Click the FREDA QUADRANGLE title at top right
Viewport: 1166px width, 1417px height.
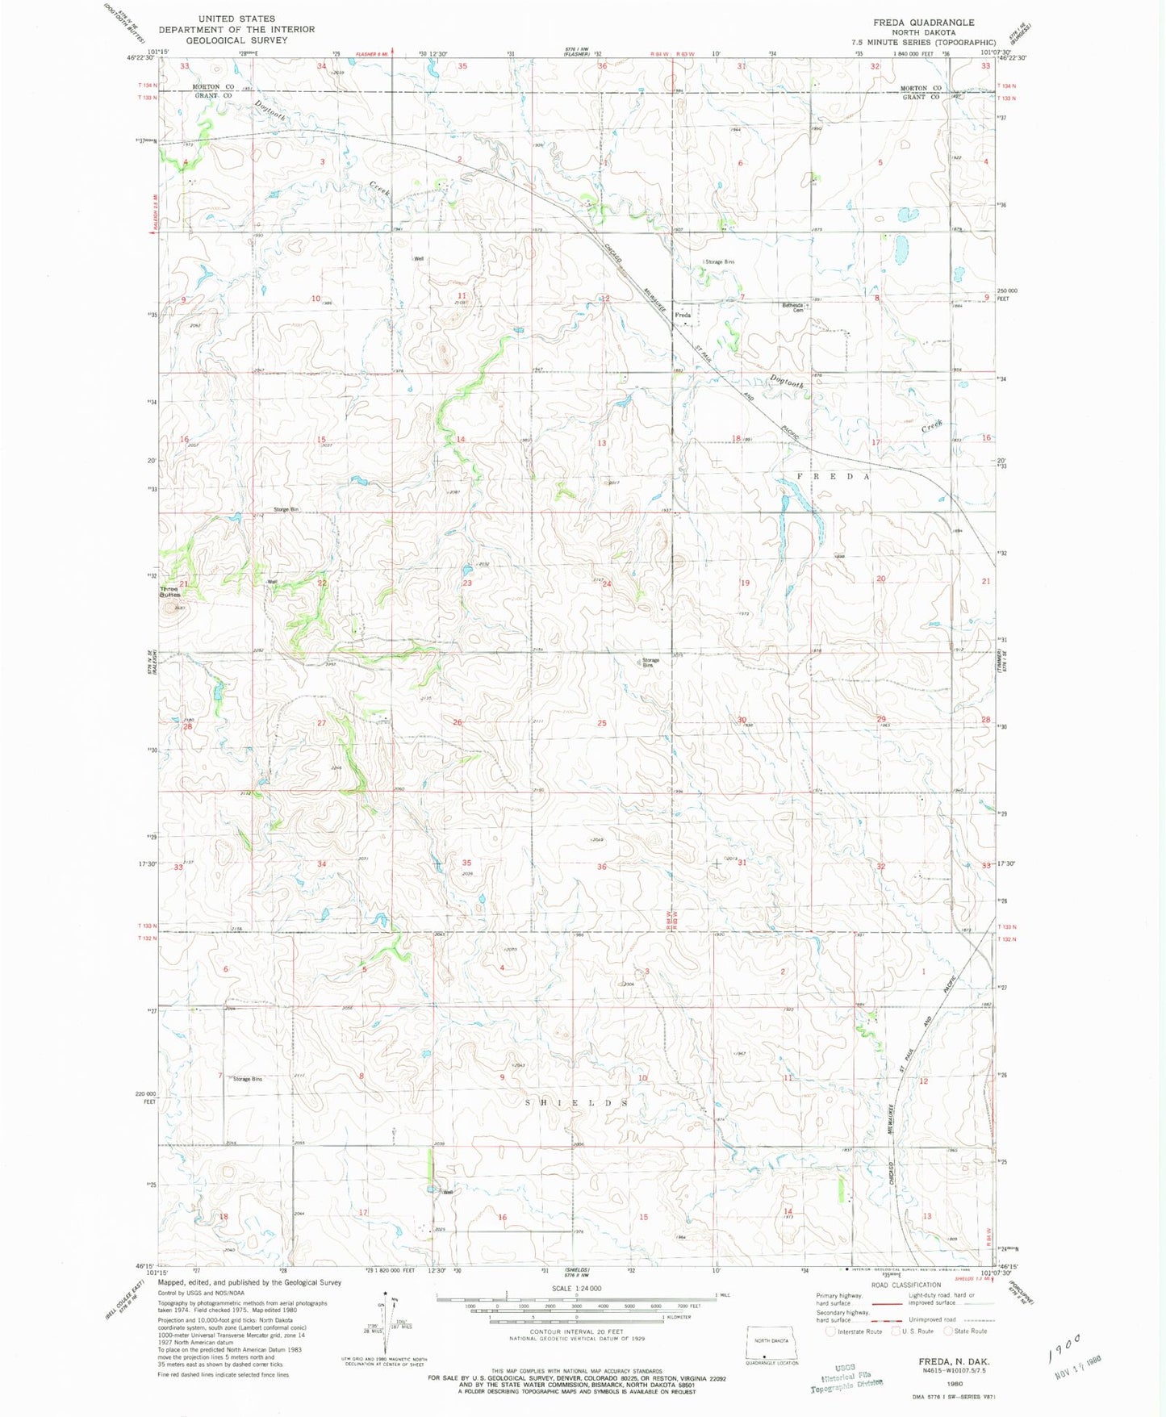[x=923, y=23]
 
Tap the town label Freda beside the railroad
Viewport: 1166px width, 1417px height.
[x=683, y=315]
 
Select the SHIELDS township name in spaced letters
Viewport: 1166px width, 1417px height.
[x=576, y=1102]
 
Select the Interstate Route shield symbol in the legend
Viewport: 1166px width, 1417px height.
[x=830, y=1331]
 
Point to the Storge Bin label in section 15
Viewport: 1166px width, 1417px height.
[x=286, y=510]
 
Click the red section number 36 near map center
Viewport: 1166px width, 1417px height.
[x=601, y=867]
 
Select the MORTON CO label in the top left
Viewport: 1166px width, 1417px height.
[x=212, y=87]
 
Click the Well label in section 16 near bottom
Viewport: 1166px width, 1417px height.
[x=447, y=1193]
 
